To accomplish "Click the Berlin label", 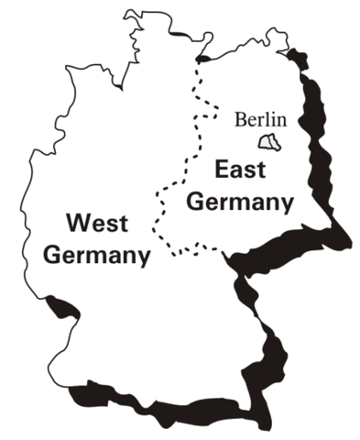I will [x=261, y=118].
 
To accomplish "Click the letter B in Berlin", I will [x=240, y=118].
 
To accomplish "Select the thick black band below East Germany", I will [x=284, y=247].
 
